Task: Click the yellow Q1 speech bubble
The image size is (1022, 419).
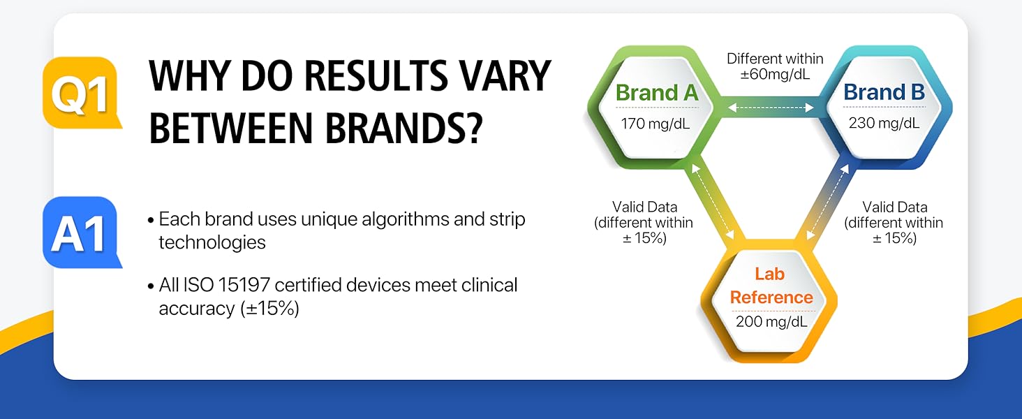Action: (x=81, y=93)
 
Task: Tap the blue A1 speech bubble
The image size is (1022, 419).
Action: (x=81, y=233)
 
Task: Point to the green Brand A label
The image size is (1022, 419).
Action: (x=656, y=93)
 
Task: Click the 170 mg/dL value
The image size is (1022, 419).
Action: (x=656, y=123)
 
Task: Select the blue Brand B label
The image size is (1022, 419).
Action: (x=884, y=91)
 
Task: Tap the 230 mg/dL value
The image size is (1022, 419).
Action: (x=884, y=123)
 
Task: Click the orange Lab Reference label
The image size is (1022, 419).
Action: (x=771, y=286)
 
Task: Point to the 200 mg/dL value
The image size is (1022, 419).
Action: (x=771, y=321)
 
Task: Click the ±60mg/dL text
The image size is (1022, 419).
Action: (x=775, y=74)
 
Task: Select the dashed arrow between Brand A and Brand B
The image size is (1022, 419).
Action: (x=771, y=108)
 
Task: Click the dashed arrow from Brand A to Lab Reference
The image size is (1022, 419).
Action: (x=713, y=202)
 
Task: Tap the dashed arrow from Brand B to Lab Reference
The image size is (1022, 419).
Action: (x=828, y=202)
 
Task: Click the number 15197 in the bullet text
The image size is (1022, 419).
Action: (x=244, y=285)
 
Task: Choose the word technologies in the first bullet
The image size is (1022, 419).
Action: (x=212, y=242)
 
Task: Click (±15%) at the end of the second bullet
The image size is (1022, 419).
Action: (x=269, y=309)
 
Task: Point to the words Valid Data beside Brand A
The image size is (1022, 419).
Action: (x=644, y=207)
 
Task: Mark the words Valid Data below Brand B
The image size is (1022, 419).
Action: (x=895, y=207)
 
